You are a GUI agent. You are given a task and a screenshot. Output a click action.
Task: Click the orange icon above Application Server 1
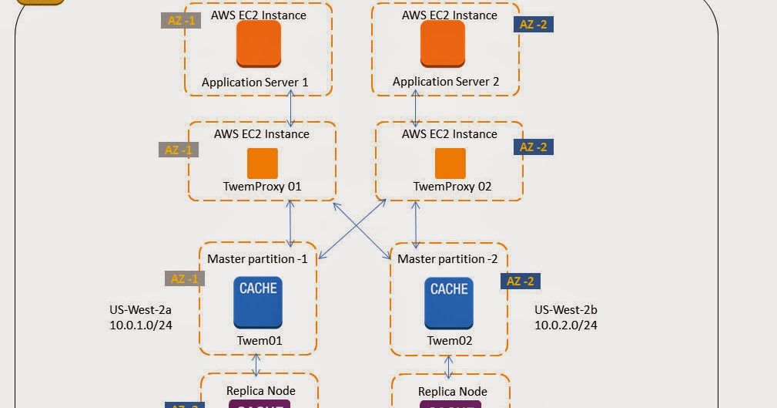[x=258, y=43]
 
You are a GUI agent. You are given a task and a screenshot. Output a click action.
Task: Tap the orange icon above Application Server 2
[x=443, y=43]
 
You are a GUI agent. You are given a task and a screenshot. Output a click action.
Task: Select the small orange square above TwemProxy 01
[x=262, y=164]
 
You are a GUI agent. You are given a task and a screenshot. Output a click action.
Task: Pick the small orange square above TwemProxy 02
[x=450, y=164]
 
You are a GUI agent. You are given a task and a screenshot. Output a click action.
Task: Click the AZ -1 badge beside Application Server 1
[x=180, y=21]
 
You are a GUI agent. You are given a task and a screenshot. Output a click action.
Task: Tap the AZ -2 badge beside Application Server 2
[x=533, y=24]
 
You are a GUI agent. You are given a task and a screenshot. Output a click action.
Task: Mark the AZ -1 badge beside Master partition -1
[x=184, y=278]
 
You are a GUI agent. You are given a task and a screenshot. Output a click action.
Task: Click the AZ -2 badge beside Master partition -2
[x=521, y=282]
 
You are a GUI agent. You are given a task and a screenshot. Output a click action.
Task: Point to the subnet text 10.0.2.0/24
[x=566, y=325]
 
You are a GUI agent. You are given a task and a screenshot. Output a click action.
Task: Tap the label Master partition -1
[x=257, y=259]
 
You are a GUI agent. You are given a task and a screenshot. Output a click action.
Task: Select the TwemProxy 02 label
[x=452, y=186]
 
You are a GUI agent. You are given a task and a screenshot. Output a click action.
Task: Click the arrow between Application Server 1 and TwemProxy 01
[x=291, y=108]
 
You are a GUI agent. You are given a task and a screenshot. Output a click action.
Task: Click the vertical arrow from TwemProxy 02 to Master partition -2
[x=417, y=224]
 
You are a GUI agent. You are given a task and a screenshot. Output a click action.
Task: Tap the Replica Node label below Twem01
[x=261, y=390]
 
